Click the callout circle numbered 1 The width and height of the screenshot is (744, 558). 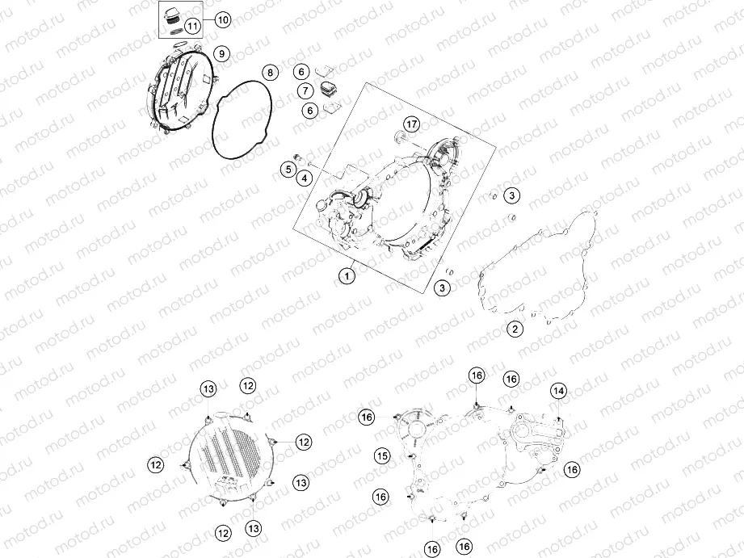tap(347, 275)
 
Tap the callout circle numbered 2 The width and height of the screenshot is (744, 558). tap(515, 329)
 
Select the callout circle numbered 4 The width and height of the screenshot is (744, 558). tap(305, 178)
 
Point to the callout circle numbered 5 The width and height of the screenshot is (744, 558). tap(288, 169)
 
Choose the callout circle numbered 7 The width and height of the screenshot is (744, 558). tap(306, 90)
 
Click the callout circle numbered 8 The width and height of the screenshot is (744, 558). tap(270, 73)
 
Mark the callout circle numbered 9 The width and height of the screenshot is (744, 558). tap(221, 54)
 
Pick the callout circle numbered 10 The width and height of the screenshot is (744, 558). tap(223, 20)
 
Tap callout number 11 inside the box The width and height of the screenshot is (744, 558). tap(192, 26)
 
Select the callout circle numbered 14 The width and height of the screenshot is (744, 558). tap(558, 391)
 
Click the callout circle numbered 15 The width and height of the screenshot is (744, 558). tap(382, 456)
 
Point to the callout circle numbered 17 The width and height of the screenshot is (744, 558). tap(412, 124)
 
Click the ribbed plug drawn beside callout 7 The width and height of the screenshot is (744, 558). tap(327, 89)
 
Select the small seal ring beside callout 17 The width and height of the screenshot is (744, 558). tap(400, 137)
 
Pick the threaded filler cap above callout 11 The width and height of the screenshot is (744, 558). tap(176, 14)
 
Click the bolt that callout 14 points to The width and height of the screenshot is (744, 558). tap(560, 421)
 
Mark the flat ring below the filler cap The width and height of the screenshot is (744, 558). tap(176, 30)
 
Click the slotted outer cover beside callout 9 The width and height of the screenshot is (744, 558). tap(180, 90)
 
